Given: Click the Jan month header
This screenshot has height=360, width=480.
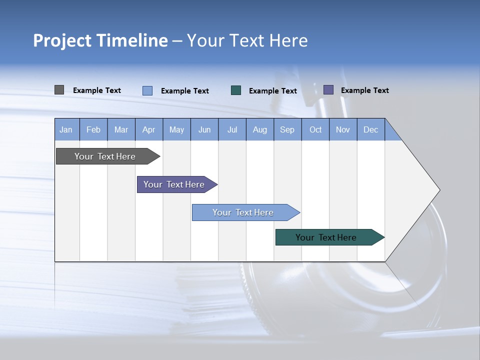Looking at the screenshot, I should [66, 129].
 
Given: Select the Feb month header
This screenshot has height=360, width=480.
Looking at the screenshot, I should [93, 129].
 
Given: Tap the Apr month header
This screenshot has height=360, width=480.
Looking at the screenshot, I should [149, 129].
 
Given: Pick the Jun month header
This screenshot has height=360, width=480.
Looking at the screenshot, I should [204, 129].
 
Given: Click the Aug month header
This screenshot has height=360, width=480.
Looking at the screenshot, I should [260, 129].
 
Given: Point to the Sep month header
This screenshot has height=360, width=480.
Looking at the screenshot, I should [287, 129].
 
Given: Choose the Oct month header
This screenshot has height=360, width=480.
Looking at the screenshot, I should [315, 129].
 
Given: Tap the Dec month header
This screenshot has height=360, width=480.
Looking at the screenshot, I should [371, 129].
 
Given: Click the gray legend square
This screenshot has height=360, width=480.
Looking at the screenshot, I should [59, 90].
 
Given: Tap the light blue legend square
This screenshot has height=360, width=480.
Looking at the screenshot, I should [147, 90].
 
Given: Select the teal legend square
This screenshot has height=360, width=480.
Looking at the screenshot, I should [236, 90].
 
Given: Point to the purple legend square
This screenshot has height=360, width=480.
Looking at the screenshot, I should [328, 90].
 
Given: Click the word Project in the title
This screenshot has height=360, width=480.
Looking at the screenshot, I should [61, 40].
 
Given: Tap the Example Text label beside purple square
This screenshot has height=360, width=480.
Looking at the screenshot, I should [364, 90].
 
